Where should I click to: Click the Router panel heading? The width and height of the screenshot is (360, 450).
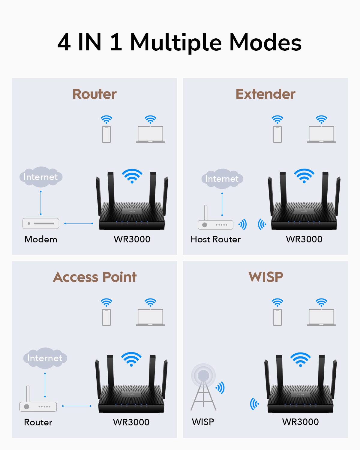point(94,94)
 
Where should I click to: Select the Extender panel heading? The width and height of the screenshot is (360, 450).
point(265,94)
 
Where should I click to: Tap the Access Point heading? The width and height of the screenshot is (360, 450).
point(94,277)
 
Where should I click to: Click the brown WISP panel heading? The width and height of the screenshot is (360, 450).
point(265,277)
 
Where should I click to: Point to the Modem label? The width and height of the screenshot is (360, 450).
point(40,239)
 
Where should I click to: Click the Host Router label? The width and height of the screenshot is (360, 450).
point(215,239)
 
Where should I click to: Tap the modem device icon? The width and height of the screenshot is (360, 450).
point(41,223)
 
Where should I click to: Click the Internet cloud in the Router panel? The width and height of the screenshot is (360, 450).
point(40,177)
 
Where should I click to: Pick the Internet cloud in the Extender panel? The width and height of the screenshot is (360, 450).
point(222,179)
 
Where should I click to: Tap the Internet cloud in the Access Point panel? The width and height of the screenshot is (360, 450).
point(45,358)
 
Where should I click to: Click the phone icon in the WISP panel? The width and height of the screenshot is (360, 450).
point(277,317)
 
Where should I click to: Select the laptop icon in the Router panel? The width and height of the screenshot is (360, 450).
point(150,134)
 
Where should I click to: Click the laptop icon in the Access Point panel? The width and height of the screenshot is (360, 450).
point(150,317)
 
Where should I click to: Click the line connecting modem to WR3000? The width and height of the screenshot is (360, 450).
point(79,223)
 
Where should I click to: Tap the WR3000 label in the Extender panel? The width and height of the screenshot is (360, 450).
point(304,239)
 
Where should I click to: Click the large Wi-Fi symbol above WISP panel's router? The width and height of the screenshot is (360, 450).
point(300,359)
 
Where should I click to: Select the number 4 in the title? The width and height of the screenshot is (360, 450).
point(64,42)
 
